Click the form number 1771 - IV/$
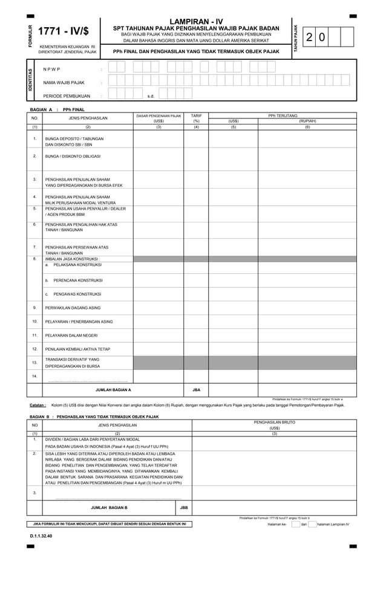click(x=64, y=32)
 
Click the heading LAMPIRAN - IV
click(x=196, y=22)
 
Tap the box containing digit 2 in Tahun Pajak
click(x=309, y=37)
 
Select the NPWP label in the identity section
click(x=52, y=69)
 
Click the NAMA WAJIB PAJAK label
click(x=64, y=82)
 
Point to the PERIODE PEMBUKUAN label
click(x=67, y=96)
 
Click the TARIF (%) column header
click(x=196, y=118)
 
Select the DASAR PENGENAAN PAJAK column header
click(x=159, y=118)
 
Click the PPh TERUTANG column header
click(x=283, y=115)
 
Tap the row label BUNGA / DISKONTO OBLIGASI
click(x=71, y=157)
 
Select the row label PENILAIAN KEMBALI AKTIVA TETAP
click(x=78, y=349)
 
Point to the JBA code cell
click(x=196, y=390)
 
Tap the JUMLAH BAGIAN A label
click(x=113, y=390)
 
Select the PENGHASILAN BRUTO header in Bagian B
click(x=274, y=423)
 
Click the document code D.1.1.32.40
click(x=41, y=536)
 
